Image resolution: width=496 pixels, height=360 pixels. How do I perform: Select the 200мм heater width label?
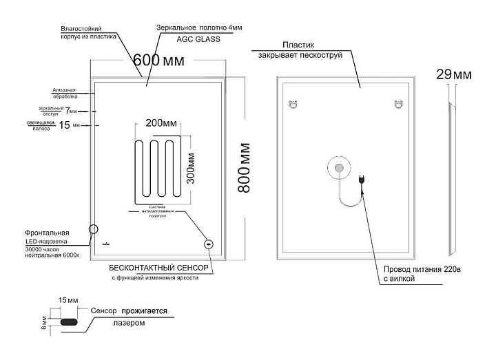pos(161,123)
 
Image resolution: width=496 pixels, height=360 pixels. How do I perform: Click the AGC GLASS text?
pos(198,40)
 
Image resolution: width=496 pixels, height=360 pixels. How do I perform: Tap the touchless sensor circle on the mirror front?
pos(208,244)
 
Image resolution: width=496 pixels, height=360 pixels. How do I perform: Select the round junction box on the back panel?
pos(339,168)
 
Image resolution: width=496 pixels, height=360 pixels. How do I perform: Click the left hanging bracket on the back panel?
pos(292,105)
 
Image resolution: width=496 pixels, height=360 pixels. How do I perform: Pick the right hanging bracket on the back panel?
pos(397,105)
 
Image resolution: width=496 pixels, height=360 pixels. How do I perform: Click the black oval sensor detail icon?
pos(70,321)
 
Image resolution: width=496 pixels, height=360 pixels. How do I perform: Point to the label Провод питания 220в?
pos(417,270)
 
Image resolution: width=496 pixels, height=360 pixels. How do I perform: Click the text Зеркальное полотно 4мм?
pos(200,28)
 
